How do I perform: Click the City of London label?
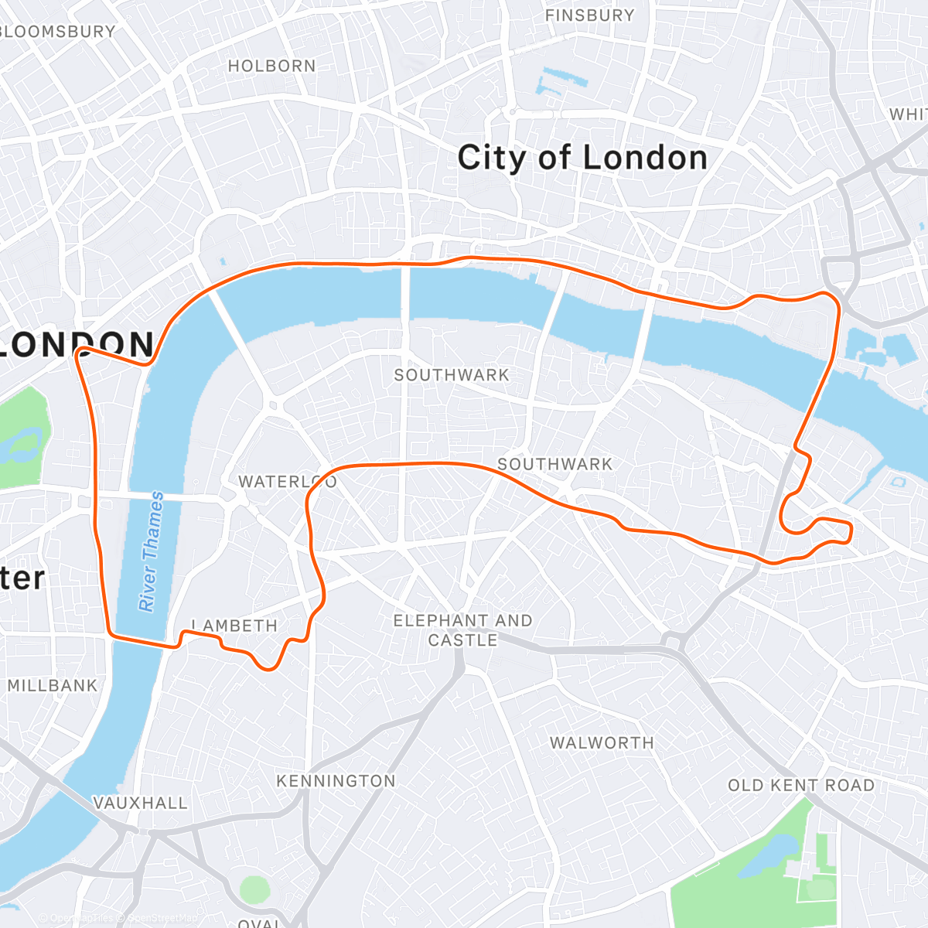tap(582, 158)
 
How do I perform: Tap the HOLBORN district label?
tap(271, 67)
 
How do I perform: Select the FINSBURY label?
tap(589, 15)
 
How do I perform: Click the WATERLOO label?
tap(287, 482)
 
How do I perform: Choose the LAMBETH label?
tap(234, 626)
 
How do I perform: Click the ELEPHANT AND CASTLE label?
tap(462, 630)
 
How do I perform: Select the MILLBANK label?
tap(53, 685)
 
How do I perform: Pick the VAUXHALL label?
tap(140, 803)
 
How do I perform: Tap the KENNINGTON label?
tap(336, 781)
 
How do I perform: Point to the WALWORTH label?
tap(602, 743)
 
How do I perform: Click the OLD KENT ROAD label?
tap(801, 786)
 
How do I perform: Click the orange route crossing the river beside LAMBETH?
tap(143, 640)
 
